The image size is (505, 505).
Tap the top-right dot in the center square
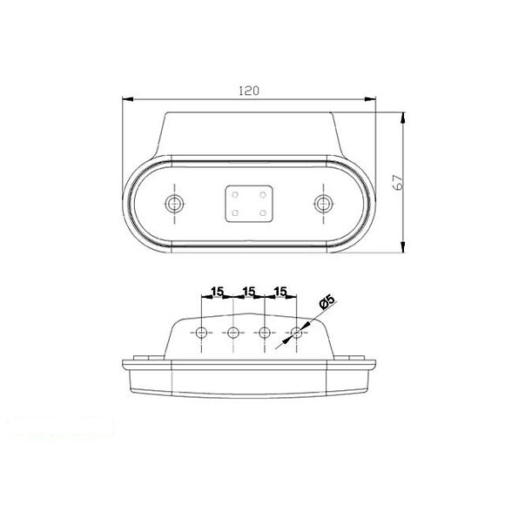261,196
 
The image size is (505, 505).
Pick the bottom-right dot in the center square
261,212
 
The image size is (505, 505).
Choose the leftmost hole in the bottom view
202,332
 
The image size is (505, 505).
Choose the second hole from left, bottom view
233,332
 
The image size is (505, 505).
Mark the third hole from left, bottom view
265,332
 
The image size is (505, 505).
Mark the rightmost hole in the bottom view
296,332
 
